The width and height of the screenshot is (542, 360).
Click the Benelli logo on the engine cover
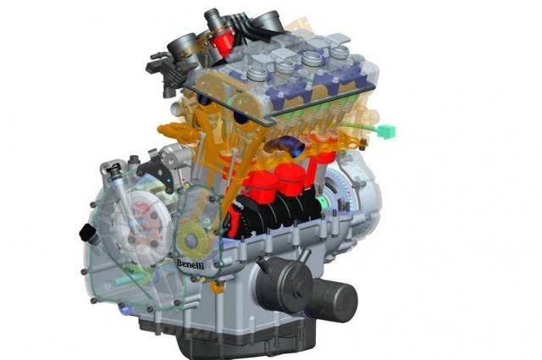(190, 264)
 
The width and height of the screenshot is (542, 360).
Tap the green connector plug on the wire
(386, 131)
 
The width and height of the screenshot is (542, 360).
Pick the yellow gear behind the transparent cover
(192, 240)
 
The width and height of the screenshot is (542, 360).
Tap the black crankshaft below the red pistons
(277, 212)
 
